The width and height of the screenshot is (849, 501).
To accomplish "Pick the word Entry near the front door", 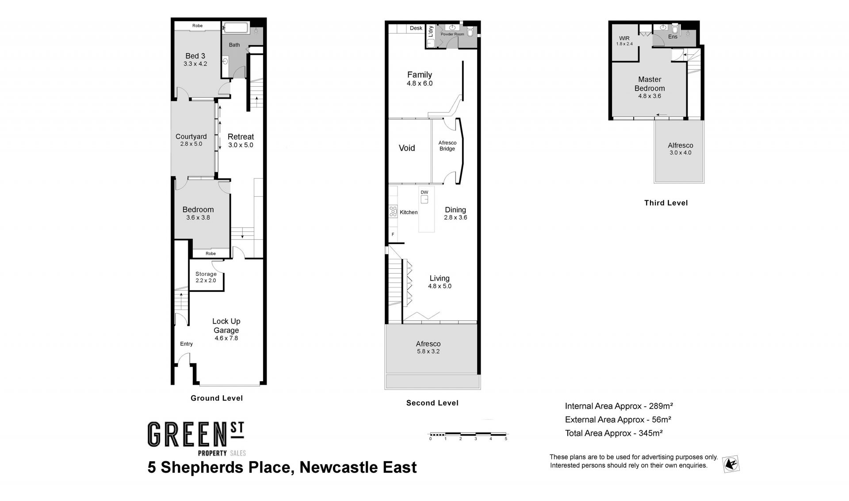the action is click(187, 344).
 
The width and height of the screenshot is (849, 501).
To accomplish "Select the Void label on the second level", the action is click(407, 148).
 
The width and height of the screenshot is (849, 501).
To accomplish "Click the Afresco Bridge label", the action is click(447, 145).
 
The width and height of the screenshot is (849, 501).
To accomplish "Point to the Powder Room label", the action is click(452, 34).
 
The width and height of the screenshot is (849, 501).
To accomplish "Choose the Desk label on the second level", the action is click(416, 28).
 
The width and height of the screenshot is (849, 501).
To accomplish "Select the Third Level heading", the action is click(666, 203).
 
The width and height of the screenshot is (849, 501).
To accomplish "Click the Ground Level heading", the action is click(217, 398).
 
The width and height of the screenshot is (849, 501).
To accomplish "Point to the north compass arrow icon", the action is click(731, 464).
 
